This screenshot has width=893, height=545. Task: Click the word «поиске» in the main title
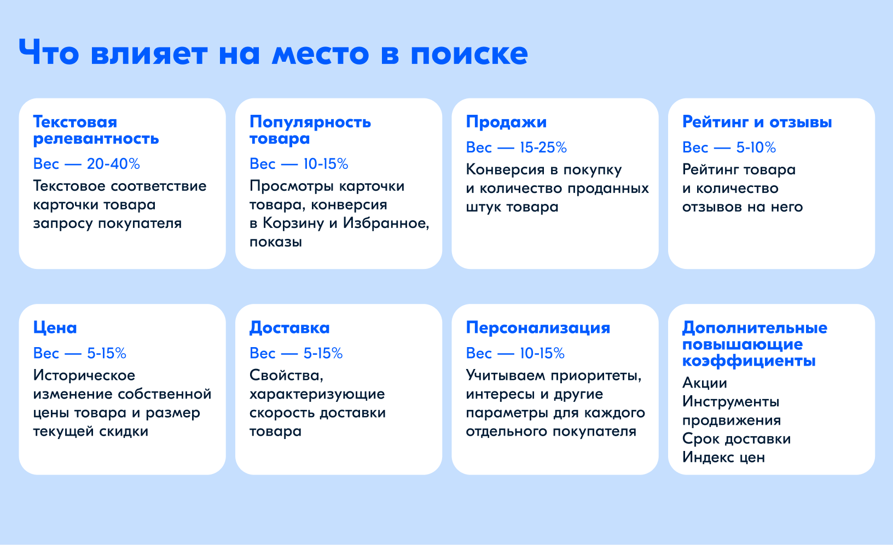(x=469, y=54)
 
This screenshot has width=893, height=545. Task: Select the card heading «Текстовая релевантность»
(x=96, y=130)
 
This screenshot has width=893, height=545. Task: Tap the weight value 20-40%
(x=113, y=164)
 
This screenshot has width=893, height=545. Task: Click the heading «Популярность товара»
(x=310, y=130)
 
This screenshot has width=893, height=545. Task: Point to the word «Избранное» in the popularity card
(x=386, y=223)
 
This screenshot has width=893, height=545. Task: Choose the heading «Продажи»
(x=506, y=122)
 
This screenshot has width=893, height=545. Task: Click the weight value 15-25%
(x=543, y=148)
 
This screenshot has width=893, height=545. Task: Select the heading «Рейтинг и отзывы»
(x=757, y=122)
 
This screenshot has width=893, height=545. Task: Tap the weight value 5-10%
(x=756, y=148)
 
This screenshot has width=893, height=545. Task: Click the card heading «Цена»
(x=55, y=328)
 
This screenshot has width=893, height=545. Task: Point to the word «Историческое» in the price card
(x=84, y=376)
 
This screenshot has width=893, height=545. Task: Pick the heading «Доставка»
(x=289, y=328)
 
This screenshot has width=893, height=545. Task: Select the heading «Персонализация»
(x=538, y=328)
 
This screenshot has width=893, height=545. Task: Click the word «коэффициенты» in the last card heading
(x=749, y=361)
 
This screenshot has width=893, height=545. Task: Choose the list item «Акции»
(x=705, y=383)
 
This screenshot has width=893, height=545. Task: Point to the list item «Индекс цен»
(x=723, y=457)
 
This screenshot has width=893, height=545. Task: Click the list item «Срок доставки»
(x=737, y=438)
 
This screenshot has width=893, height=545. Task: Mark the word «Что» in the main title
(x=49, y=52)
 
